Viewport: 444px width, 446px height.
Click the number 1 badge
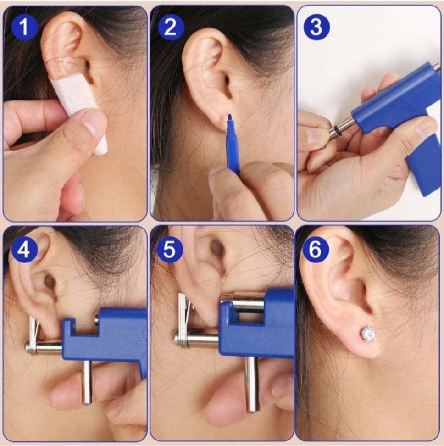pos(24,28)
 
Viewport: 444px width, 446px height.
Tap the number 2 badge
pos(171,28)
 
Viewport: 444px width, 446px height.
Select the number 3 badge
pos(316,28)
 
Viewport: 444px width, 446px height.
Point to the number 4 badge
pos(24,250)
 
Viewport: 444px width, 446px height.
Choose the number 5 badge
pos(170,250)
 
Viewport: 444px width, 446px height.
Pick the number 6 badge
pos(315,250)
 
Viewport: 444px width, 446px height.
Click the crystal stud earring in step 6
pos(368,334)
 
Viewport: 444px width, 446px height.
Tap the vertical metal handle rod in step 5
pos(252,385)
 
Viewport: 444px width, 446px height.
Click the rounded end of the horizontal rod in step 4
pos(28,347)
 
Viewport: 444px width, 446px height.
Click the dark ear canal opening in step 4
pos(50,282)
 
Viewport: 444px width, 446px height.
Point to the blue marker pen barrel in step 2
pos(233,148)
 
